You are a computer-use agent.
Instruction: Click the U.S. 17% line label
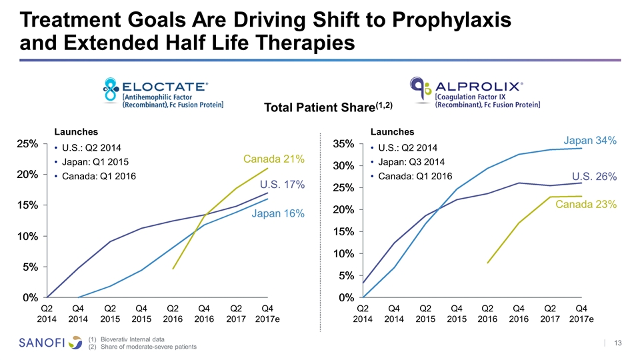282,184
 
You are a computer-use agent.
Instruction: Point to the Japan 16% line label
278,213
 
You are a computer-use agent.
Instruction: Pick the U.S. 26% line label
594,177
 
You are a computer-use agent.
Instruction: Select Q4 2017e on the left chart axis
267,313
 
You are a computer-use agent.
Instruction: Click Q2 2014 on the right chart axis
363,313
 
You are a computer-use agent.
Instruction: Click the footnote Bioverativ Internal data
133,339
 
